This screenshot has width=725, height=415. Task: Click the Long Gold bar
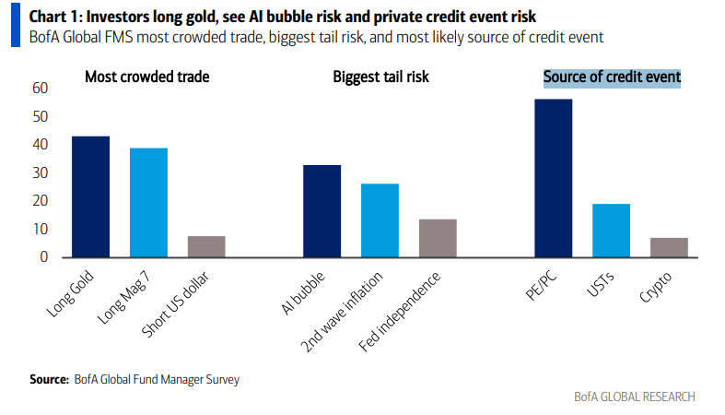tap(90, 196)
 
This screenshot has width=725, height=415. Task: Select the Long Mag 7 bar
tap(148, 202)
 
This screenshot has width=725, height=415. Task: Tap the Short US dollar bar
tap(206, 246)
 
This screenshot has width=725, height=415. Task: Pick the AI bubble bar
tap(322, 210)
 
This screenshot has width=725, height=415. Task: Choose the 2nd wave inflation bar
tap(380, 219)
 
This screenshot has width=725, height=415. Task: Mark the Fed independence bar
tap(438, 237)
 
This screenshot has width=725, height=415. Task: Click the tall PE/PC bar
tap(553, 177)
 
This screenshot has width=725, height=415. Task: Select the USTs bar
tap(611, 230)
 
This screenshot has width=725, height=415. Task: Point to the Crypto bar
tap(669, 247)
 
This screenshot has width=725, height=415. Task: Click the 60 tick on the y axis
tap(39, 89)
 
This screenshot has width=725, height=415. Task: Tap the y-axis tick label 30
tap(39, 172)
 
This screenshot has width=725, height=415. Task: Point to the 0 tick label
tap(43, 257)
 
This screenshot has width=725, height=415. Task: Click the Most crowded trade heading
tap(146, 77)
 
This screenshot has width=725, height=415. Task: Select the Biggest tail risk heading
tap(380, 77)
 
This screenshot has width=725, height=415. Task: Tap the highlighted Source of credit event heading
tap(612, 77)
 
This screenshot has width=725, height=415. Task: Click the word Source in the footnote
tap(48, 379)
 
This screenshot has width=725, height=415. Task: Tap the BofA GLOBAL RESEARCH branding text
tap(634, 397)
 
